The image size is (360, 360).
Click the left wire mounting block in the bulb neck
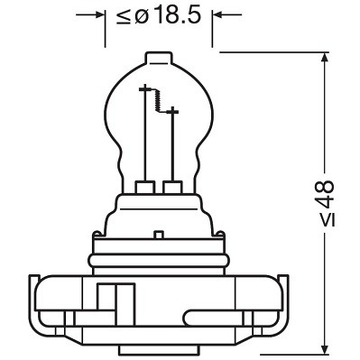(143, 188)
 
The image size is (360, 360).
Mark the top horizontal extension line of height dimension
(271, 51)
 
